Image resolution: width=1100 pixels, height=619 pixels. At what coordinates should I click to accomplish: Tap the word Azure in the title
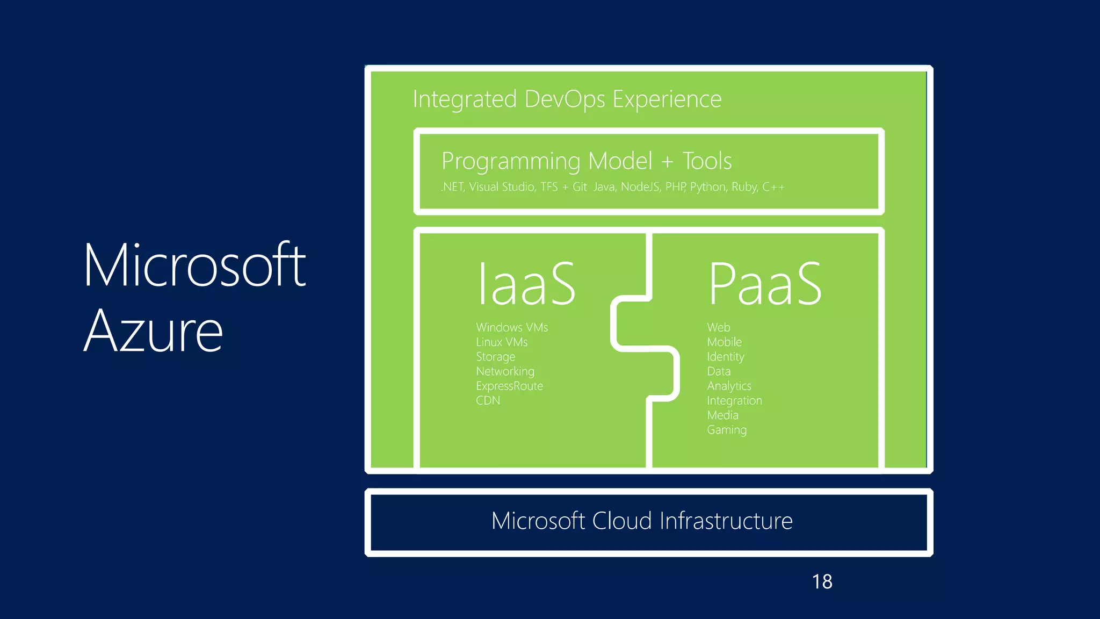pyautogui.click(x=153, y=332)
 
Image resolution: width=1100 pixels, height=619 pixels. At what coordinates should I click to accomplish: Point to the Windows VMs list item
pyautogui.click(x=512, y=327)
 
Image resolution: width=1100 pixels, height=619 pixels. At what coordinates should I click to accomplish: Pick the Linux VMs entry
pyautogui.click(x=502, y=342)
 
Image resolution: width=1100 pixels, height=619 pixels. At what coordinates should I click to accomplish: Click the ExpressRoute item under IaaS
pyautogui.click(x=509, y=386)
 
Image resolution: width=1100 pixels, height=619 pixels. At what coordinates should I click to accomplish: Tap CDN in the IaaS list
pyautogui.click(x=488, y=401)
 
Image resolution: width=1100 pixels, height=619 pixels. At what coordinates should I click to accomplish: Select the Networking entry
pyautogui.click(x=505, y=371)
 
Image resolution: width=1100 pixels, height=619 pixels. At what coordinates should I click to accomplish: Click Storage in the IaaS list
pyautogui.click(x=495, y=357)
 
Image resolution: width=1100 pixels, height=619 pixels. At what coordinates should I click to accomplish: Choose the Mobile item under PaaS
pyautogui.click(x=724, y=342)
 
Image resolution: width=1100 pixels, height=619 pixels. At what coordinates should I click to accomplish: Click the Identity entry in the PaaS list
pyautogui.click(x=726, y=357)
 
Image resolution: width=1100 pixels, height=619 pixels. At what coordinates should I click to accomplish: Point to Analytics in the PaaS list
pyautogui.click(x=729, y=386)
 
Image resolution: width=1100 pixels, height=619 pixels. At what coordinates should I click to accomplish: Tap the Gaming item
pyautogui.click(x=727, y=430)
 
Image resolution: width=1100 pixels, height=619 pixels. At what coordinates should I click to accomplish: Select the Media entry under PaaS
pyautogui.click(x=722, y=415)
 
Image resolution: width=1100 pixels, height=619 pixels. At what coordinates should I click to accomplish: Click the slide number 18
pyautogui.click(x=822, y=581)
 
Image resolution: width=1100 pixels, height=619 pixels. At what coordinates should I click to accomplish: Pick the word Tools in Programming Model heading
pyautogui.click(x=707, y=161)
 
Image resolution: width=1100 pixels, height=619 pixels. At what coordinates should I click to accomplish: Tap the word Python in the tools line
pyautogui.click(x=708, y=187)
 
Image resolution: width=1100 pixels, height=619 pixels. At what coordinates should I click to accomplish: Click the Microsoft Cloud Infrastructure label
pyautogui.click(x=642, y=521)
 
